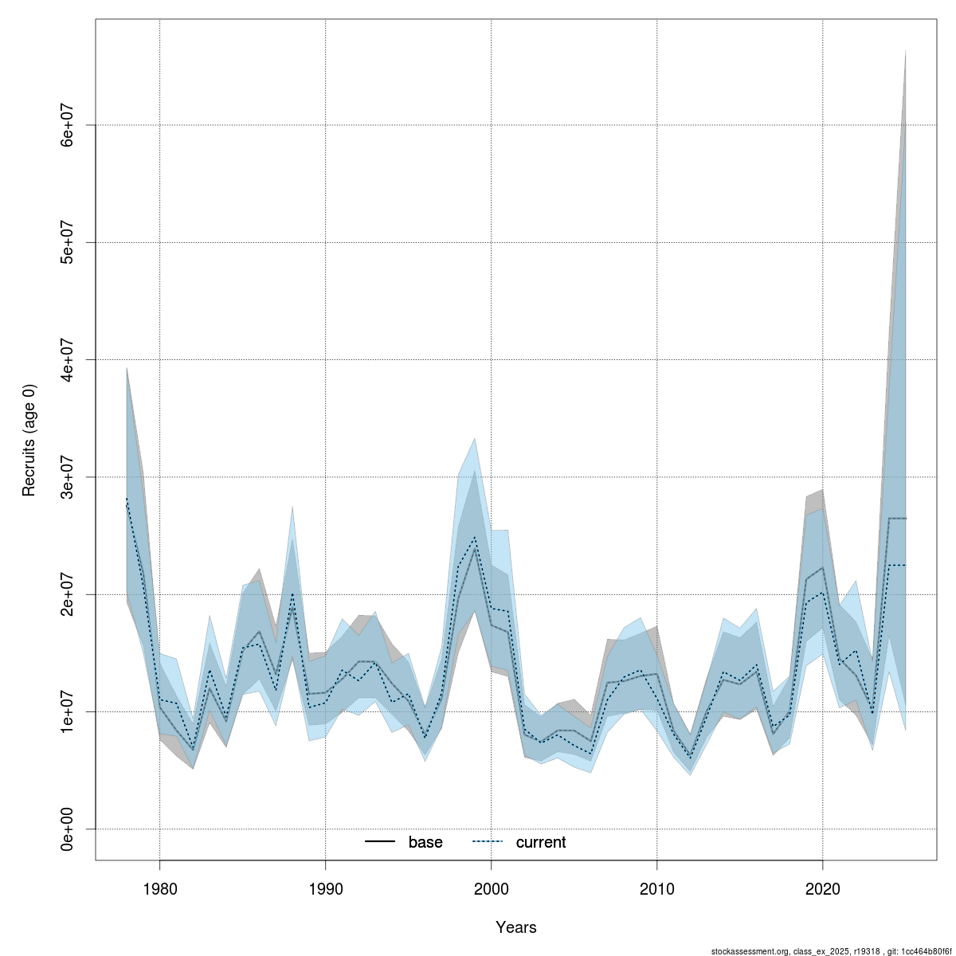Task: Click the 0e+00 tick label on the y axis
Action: click(69, 829)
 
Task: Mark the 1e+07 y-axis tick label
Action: click(69, 711)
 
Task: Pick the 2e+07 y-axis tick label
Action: click(69, 594)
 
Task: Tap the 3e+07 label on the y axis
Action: click(69, 476)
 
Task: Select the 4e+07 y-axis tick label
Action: click(69, 359)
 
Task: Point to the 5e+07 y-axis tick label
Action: click(69, 242)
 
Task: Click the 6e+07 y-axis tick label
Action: click(69, 125)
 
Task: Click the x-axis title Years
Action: click(515, 927)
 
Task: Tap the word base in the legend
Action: click(425, 842)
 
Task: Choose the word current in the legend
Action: click(541, 842)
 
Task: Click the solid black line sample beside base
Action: click(381, 842)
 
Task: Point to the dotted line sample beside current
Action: click(488, 842)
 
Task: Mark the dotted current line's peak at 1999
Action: click(475, 537)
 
